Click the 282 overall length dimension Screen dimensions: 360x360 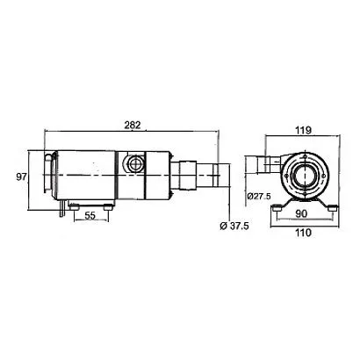[x=133, y=125]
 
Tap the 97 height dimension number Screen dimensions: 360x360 [x=21, y=176]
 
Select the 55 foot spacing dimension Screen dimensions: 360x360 [x=90, y=216]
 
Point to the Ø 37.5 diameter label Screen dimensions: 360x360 [x=234, y=226]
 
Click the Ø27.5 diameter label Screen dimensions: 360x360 [x=259, y=196]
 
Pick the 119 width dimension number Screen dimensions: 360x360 [x=303, y=130]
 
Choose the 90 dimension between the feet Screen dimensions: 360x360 [x=301, y=214]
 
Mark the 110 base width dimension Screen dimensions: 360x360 [x=303, y=233]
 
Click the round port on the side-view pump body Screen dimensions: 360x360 [x=134, y=162]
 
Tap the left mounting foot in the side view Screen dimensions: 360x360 [x=75, y=207]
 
